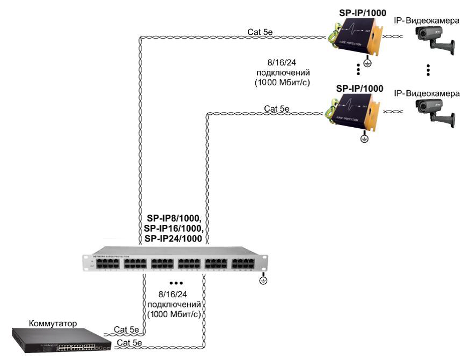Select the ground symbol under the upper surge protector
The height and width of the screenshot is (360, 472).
(x=367, y=63)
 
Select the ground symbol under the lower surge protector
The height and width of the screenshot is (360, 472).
(x=364, y=139)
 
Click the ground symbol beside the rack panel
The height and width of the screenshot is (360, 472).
(x=263, y=280)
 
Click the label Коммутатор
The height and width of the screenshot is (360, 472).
(x=53, y=324)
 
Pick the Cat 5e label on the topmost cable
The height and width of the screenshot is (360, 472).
(x=260, y=32)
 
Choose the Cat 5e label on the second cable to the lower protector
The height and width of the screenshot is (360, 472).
(x=277, y=109)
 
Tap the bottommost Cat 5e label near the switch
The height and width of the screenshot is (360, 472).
(x=129, y=342)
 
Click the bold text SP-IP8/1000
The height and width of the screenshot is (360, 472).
(x=174, y=218)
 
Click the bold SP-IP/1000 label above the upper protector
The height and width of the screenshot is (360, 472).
(x=360, y=12)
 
